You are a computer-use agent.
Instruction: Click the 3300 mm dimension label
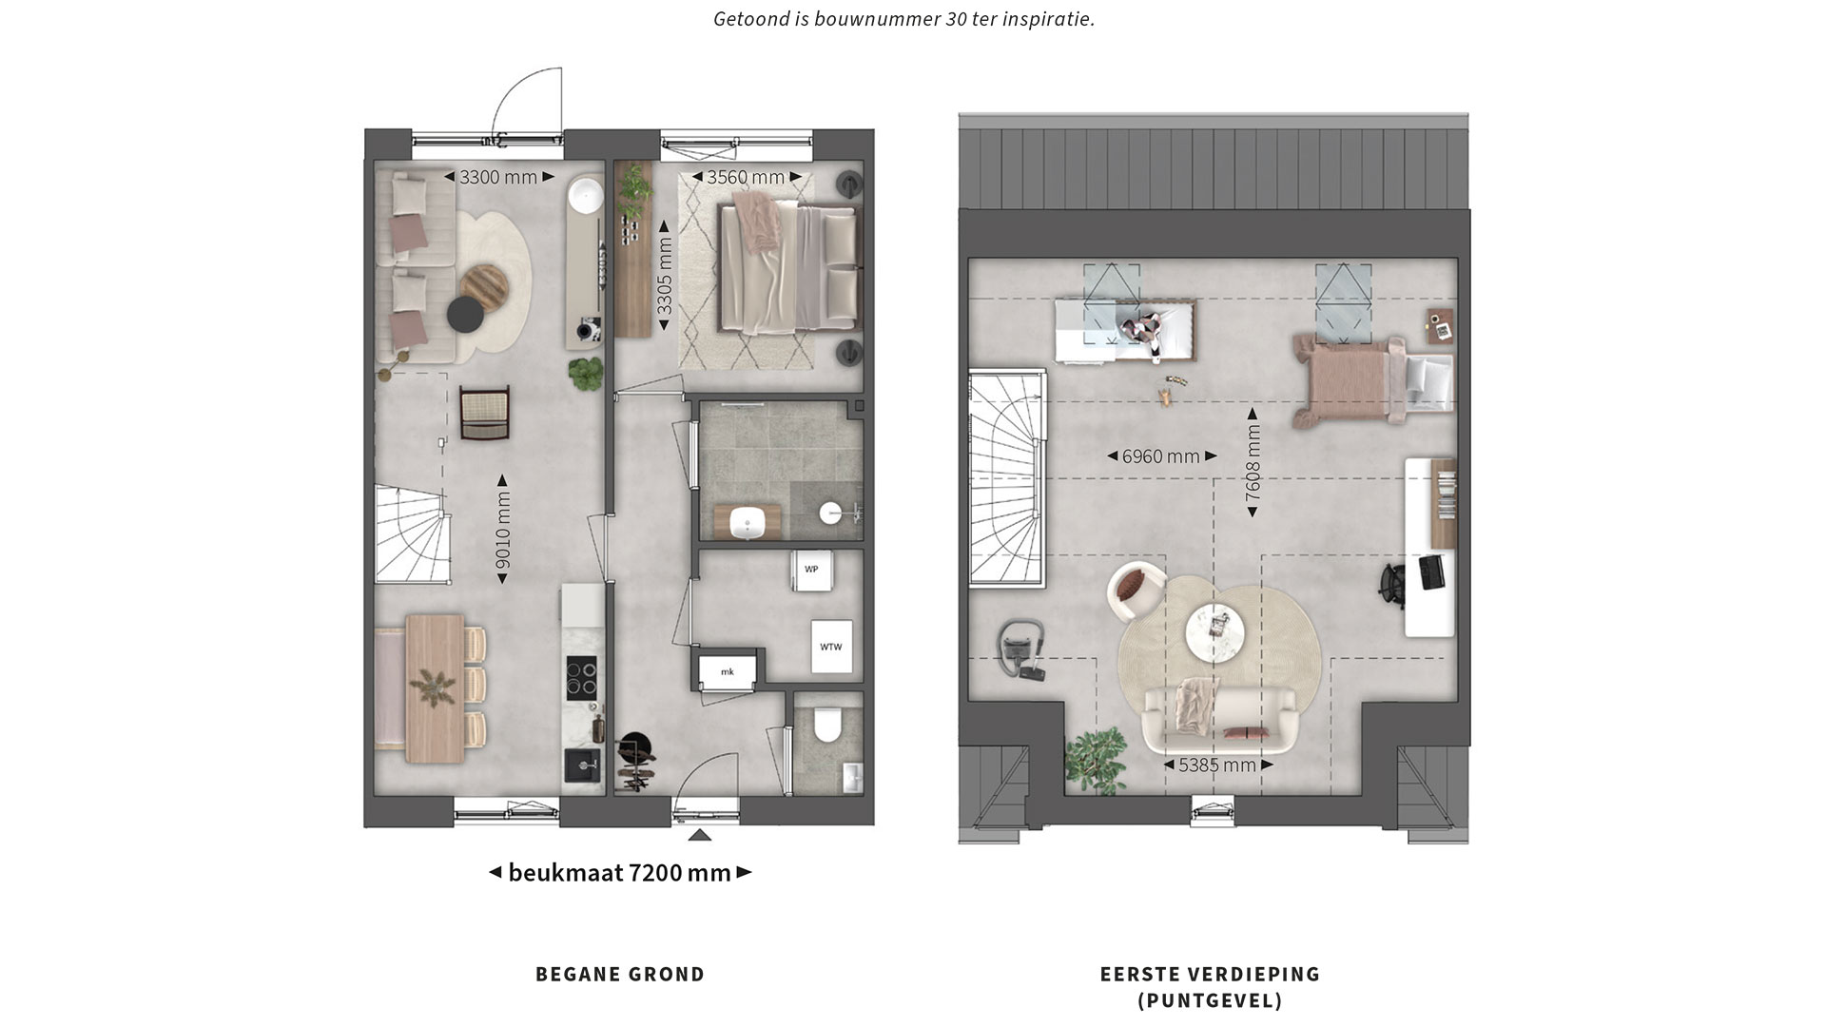(x=499, y=177)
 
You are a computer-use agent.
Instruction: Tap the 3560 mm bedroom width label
(x=746, y=177)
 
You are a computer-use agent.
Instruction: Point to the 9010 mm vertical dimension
(x=503, y=529)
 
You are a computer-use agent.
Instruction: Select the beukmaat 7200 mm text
(x=620, y=872)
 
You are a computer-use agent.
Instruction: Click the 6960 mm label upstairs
(x=1161, y=456)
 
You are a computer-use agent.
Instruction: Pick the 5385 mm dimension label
(x=1217, y=765)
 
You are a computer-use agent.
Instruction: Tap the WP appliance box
(x=811, y=570)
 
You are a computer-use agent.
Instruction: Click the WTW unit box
(x=831, y=647)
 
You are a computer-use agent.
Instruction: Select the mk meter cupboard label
(x=728, y=671)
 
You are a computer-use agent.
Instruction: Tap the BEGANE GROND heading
(x=620, y=974)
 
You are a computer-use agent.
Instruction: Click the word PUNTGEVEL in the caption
(x=1210, y=1000)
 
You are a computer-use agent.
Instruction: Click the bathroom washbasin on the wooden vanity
(x=748, y=522)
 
